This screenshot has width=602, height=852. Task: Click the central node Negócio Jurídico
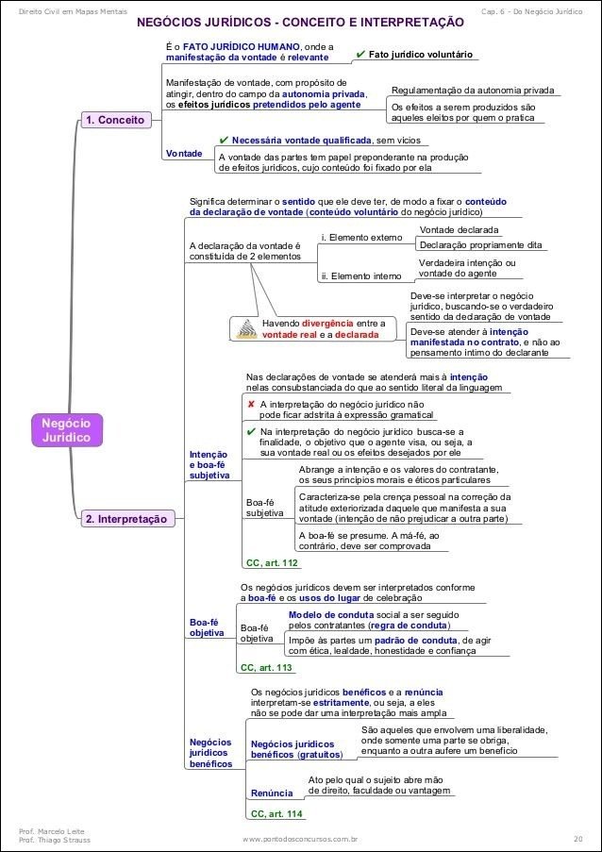pyautogui.click(x=65, y=429)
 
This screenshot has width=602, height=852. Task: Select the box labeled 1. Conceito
pyautogui.click(x=114, y=121)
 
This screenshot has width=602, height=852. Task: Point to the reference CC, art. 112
pyautogui.click(x=272, y=562)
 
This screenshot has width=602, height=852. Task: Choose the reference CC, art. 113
pyautogui.click(x=266, y=667)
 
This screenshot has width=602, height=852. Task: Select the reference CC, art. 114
pyautogui.click(x=276, y=813)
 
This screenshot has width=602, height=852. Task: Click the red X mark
pyautogui.click(x=250, y=404)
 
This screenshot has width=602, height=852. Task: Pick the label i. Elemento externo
pyautogui.click(x=361, y=237)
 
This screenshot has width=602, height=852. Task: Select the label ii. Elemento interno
pyautogui.click(x=361, y=276)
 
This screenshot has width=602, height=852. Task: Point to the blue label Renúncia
pyautogui.click(x=271, y=793)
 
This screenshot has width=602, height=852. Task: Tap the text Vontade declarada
pyautogui.click(x=459, y=229)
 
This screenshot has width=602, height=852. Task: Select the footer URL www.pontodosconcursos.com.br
pyautogui.click(x=300, y=838)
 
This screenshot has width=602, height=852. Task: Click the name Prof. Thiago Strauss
pyautogui.click(x=55, y=839)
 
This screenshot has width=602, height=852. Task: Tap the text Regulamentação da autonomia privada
pyautogui.click(x=473, y=91)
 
